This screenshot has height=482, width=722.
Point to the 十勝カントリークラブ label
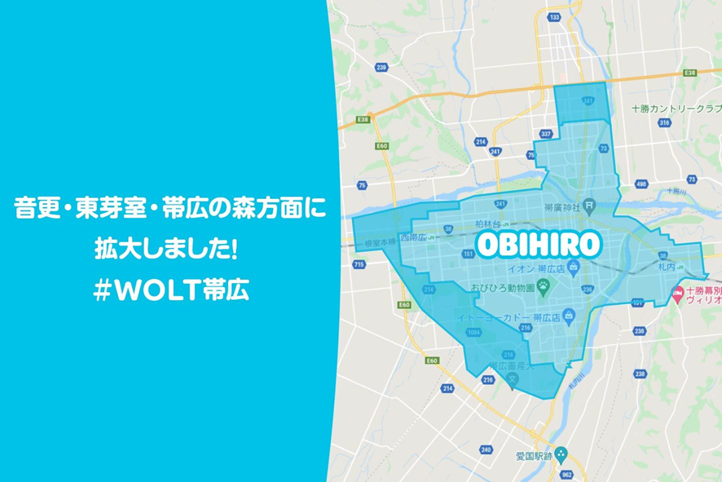pyautogui.click(x=676, y=108)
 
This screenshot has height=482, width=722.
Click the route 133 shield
pyautogui.click(x=555, y=16)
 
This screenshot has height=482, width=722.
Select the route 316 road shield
pyautogui.click(x=664, y=123)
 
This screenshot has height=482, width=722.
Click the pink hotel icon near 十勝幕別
pyautogui.click(x=676, y=293)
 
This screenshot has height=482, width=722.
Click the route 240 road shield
pyautogui.click(x=486, y=449)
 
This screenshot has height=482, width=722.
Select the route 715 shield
pyautogui.click(x=359, y=264)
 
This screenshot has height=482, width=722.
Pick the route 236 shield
pyautogui.click(x=588, y=288)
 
